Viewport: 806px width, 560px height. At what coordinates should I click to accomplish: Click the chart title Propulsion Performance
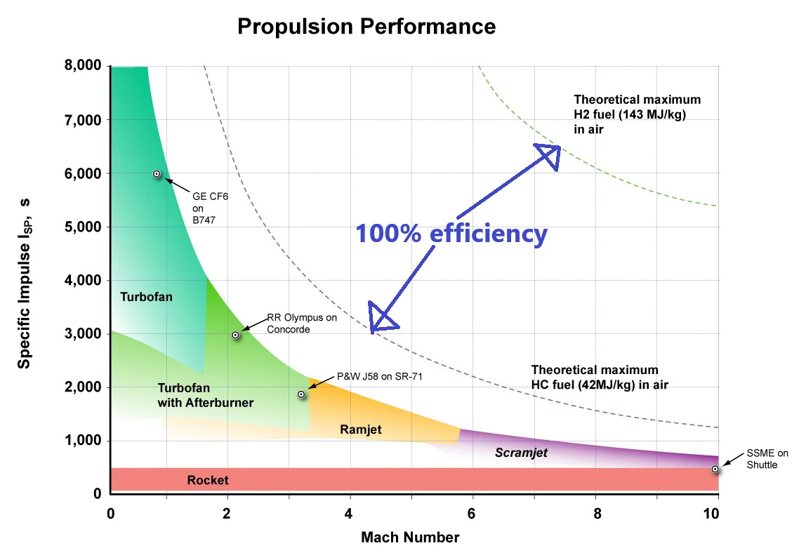(366, 27)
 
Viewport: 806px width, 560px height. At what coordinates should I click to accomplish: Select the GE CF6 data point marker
(157, 173)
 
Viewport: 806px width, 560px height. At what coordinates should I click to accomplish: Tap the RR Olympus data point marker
(236, 335)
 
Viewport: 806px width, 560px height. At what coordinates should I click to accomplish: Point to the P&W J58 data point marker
(301, 394)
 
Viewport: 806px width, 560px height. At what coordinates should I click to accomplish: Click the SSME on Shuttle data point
(715, 469)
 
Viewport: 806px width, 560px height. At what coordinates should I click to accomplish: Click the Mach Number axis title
(410, 538)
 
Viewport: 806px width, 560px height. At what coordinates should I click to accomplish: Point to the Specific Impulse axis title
(24, 281)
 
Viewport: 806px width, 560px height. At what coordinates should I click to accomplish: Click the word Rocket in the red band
(208, 481)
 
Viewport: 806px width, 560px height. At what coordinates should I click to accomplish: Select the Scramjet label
(521, 453)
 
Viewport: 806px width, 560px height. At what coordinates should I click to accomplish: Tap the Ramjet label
(361, 429)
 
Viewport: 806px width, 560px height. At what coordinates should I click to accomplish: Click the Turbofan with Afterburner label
(205, 395)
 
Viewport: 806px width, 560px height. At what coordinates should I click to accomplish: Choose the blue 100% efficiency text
(451, 233)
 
